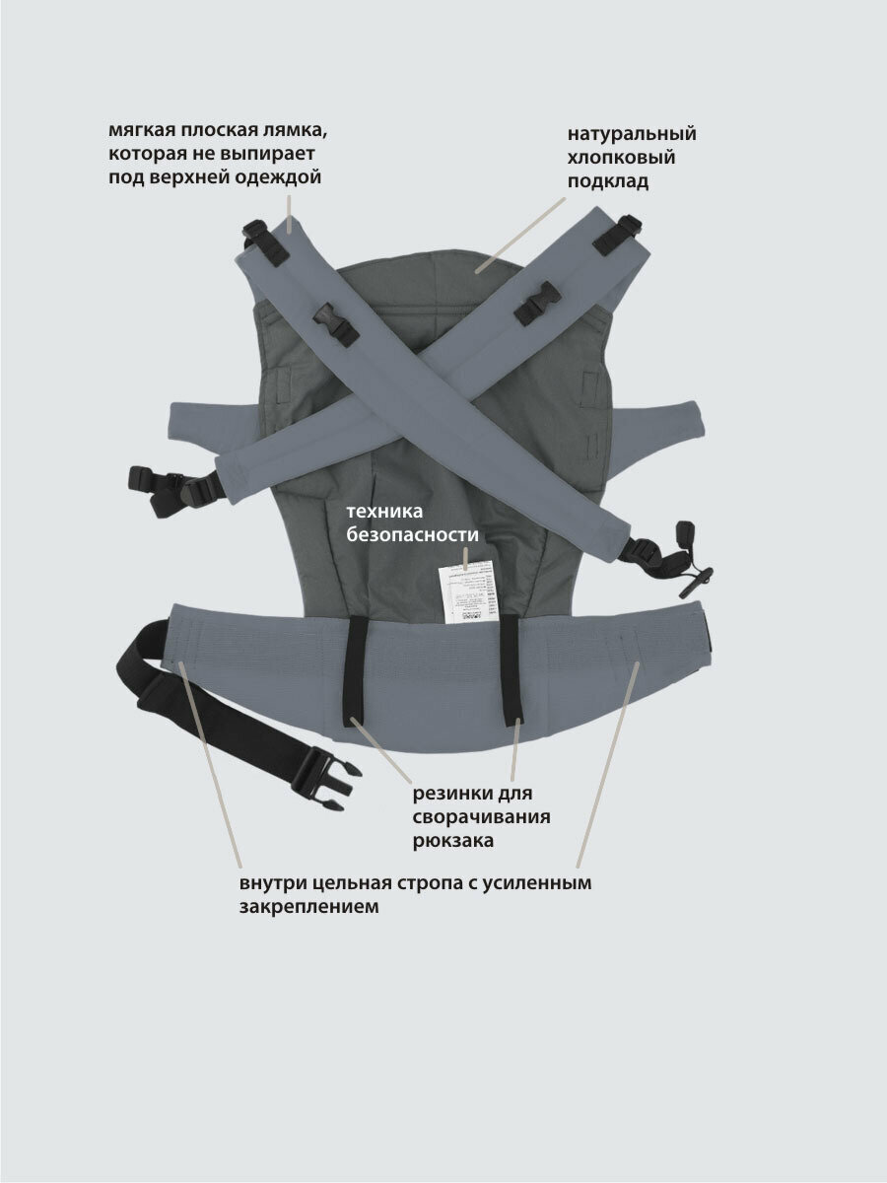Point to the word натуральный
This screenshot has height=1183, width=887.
632,135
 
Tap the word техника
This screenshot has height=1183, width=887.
383,512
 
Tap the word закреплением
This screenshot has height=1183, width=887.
308,907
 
